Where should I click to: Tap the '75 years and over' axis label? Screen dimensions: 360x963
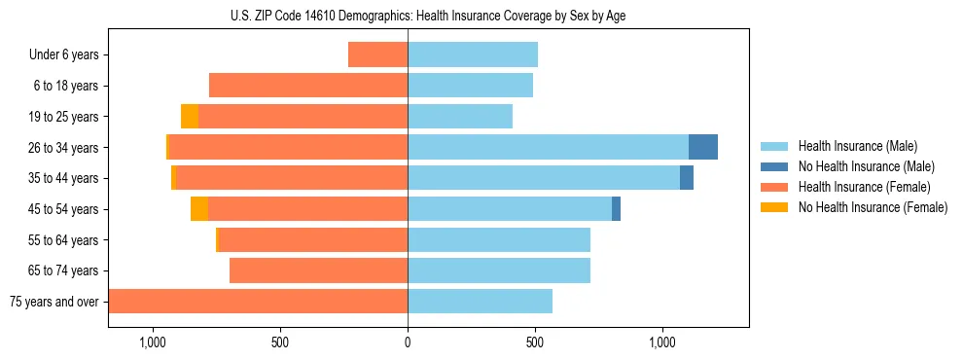click(x=53, y=302)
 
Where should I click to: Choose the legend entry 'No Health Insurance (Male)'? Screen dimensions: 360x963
click(x=866, y=166)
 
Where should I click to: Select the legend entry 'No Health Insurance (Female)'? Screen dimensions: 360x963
click(x=873, y=207)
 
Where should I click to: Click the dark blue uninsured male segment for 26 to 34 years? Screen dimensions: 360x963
click(x=703, y=147)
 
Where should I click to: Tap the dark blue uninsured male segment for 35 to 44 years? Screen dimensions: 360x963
click(x=687, y=178)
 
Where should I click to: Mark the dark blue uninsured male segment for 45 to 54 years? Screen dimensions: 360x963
click(x=616, y=208)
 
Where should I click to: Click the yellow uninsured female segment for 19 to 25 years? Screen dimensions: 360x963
click(x=190, y=117)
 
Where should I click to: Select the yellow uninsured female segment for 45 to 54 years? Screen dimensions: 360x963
click(x=199, y=208)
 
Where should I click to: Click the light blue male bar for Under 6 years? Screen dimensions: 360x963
click(x=473, y=54)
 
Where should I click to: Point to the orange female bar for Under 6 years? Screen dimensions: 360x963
click(x=377, y=54)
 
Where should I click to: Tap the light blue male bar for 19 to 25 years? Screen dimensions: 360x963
click(x=460, y=117)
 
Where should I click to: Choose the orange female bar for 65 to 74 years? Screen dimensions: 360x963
click(x=318, y=270)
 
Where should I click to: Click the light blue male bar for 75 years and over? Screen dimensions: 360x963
click(x=480, y=302)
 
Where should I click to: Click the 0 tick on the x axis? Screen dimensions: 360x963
click(x=408, y=342)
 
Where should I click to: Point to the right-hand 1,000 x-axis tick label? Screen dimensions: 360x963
click(x=662, y=342)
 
